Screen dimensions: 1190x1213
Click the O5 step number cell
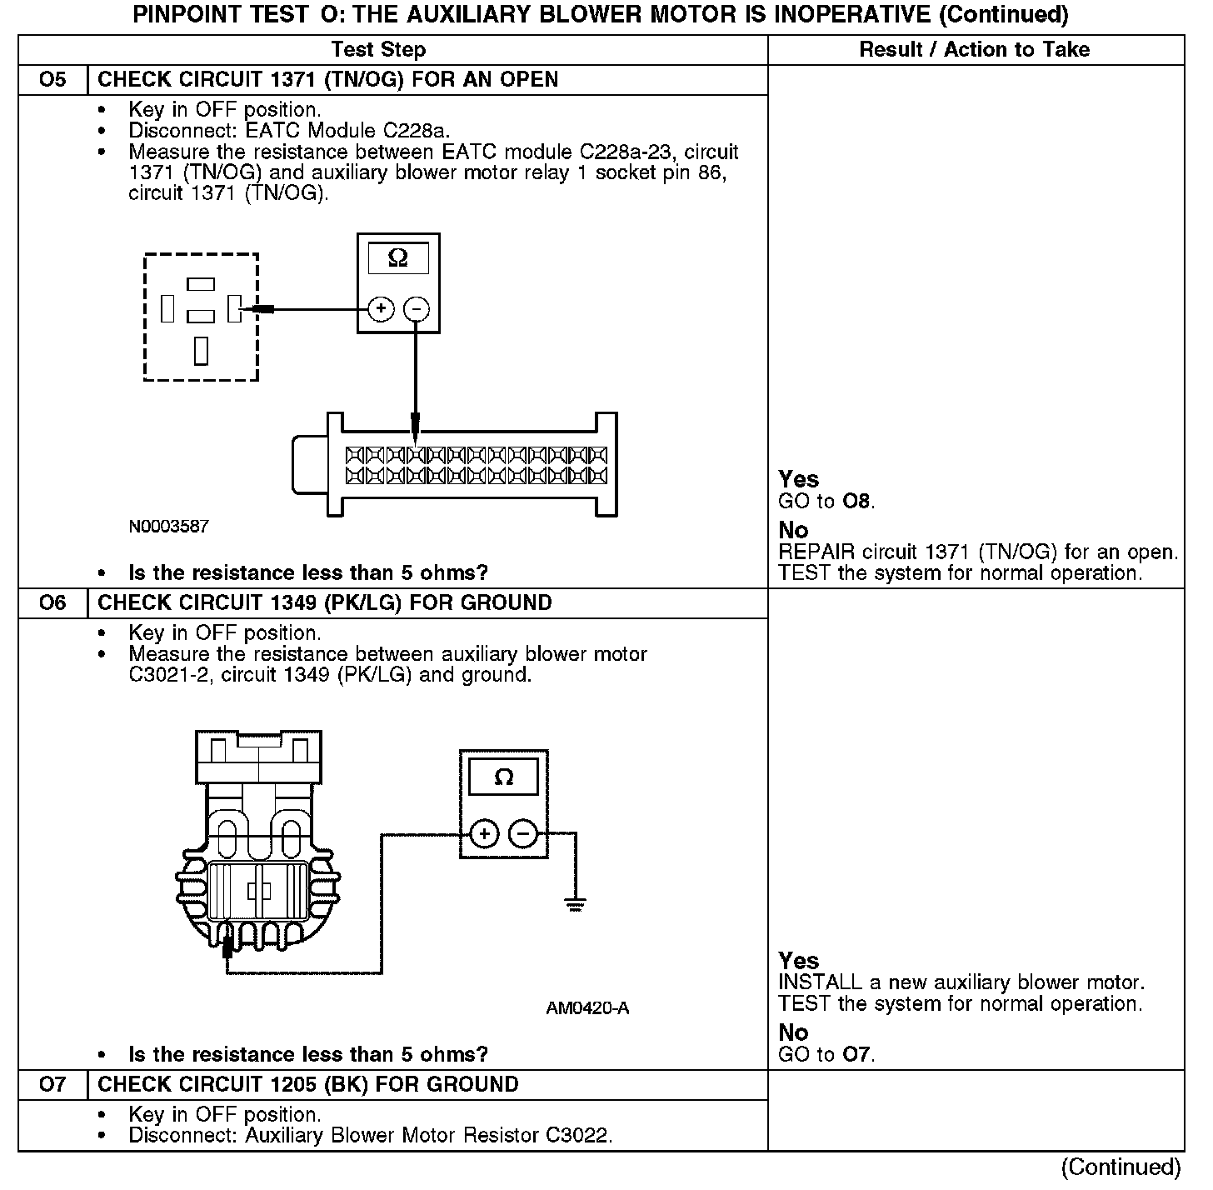(52, 80)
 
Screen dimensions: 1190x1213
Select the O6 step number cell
(52, 603)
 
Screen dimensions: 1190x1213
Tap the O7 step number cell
(52, 1085)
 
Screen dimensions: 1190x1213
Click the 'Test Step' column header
(378, 50)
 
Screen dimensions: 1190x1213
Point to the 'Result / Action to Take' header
(974, 50)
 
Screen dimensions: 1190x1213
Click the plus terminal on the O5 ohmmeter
(381, 309)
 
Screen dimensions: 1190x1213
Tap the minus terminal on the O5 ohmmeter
(416, 309)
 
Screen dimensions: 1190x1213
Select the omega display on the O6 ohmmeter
(503, 778)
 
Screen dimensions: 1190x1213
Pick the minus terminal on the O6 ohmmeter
(523, 832)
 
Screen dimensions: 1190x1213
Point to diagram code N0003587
(168, 527)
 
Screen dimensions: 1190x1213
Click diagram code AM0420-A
(587, 1008)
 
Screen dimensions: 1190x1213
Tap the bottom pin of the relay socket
(201, 351)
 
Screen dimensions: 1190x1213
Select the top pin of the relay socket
(201, 284)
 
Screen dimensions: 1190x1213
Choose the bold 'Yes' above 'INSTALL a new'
(798, 961)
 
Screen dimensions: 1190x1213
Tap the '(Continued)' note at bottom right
(1121, 1167)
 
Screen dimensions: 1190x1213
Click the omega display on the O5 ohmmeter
(398, 259)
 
